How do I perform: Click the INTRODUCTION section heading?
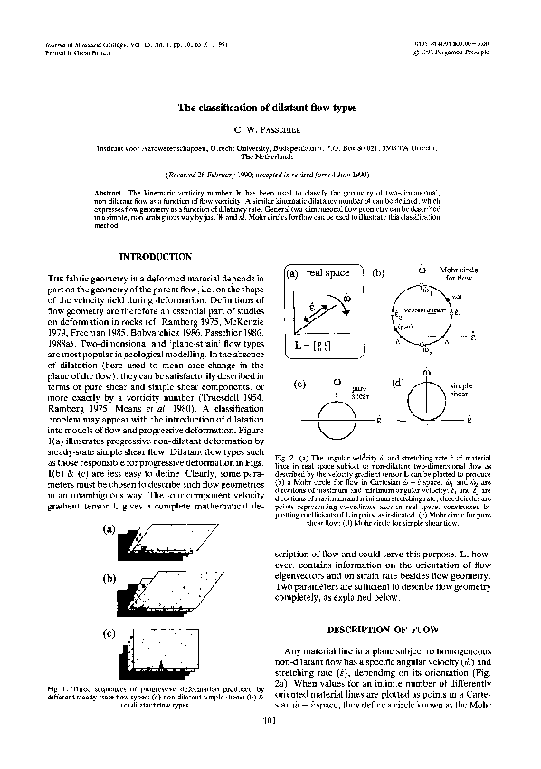point(155,257)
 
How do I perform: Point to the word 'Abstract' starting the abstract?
point(110,194)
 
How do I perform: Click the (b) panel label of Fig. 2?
point(377,272)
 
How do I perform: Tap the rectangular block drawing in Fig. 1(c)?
point(145,653)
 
